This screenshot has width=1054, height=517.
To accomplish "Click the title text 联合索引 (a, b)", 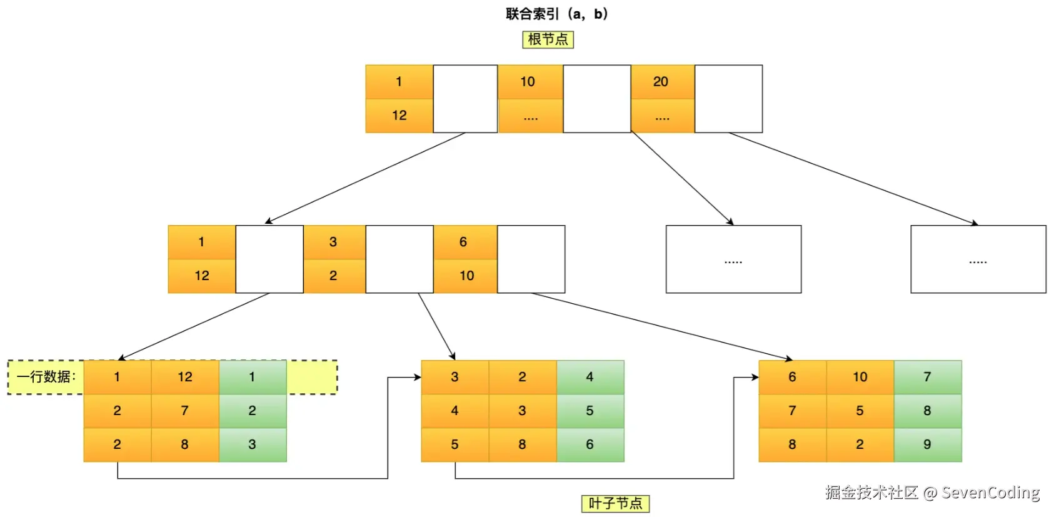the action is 557,14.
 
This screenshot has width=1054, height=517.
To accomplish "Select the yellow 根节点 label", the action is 548,39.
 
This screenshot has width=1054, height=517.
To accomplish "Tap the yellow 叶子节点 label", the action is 616,504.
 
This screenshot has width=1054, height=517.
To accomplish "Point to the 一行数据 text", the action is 46,377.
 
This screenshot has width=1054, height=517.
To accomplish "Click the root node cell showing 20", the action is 663,82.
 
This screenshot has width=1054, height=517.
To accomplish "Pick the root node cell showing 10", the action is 530,82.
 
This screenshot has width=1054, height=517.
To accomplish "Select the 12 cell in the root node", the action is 399,116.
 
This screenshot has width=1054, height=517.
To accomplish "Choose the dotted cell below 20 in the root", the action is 663,116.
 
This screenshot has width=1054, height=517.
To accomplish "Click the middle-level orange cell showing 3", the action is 334,243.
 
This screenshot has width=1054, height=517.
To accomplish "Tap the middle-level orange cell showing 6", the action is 465,243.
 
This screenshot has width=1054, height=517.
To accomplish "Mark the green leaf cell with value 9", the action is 928,444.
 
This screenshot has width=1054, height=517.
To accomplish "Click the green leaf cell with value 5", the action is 590,411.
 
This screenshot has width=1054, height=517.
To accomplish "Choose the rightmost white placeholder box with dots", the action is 978,259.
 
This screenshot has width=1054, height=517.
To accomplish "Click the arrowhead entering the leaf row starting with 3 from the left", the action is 418,378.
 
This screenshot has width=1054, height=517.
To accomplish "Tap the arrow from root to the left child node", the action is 364,178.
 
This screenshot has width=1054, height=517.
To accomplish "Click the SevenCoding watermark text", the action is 990,493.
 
